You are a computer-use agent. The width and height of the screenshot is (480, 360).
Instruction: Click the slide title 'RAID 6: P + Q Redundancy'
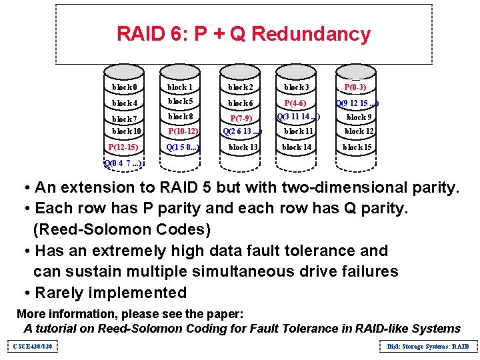click(243, 34)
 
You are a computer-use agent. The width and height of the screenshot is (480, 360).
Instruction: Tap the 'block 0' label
click(125, 87)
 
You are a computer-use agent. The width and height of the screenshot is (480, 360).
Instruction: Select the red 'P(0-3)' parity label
click(355, 87)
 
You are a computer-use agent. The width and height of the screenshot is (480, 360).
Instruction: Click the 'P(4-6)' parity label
click(295, 103)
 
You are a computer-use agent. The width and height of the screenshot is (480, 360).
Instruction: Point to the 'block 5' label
click(181, 102)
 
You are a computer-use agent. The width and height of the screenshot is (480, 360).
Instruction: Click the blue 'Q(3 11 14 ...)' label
click(298, 117)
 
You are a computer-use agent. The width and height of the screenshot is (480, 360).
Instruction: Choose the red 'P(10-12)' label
click(182, 131)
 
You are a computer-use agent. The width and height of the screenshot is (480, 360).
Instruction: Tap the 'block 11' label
click(297, 131)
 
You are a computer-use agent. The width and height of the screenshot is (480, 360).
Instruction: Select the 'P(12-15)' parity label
click(123, 147)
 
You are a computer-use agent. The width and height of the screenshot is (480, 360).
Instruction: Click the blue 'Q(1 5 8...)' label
click(183, 147)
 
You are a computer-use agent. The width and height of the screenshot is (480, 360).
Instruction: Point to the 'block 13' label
click(243, 147)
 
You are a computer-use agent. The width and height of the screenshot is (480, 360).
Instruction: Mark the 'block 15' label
click(357, 147)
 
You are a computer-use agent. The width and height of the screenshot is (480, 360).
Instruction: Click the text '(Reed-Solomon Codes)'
click(122, 230)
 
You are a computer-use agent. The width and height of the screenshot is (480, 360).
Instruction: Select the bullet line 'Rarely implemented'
click(110, 293)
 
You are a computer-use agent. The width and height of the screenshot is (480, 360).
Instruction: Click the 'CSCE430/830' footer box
click(31, 346)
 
